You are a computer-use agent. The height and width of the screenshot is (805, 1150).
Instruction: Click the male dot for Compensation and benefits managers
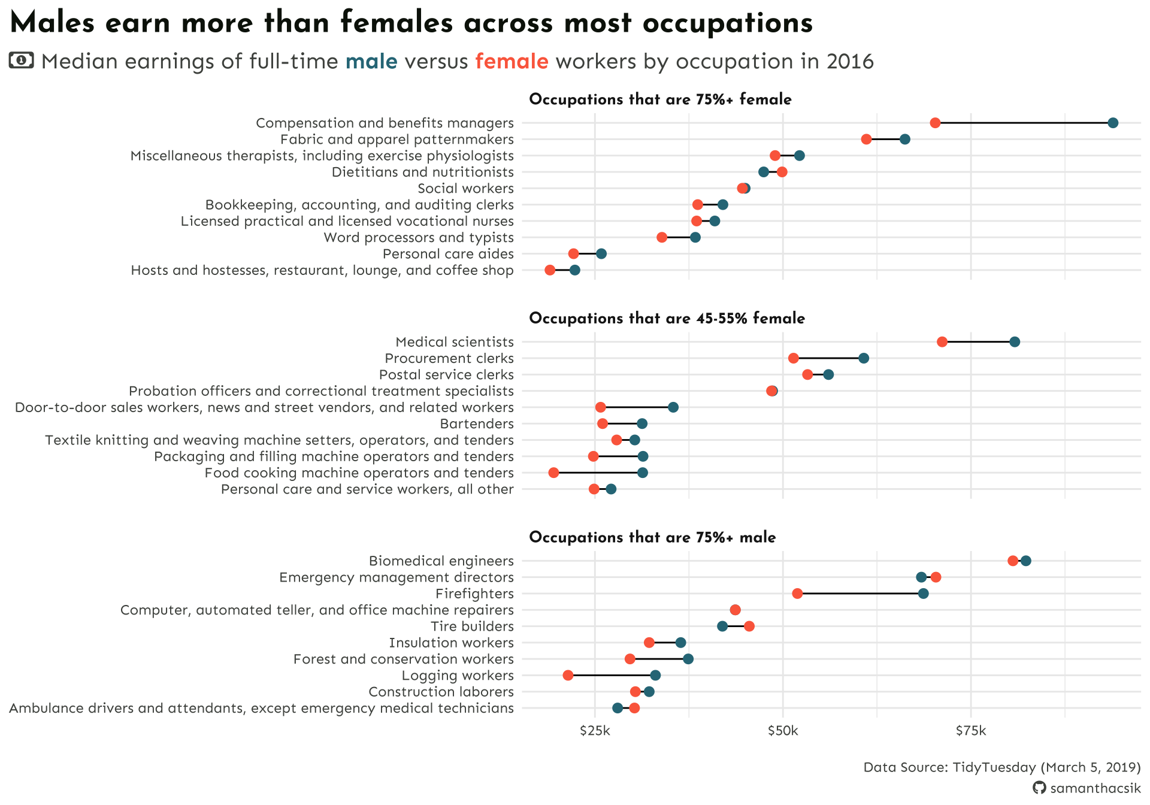coord(1113,123)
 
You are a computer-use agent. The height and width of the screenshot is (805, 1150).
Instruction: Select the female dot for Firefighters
coord(797,594)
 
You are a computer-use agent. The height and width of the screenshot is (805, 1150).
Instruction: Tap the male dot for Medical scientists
coord(1015,342)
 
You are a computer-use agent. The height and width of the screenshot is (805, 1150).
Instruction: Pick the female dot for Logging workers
coord(568,676)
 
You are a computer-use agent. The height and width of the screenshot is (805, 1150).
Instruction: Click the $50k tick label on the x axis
coord(783,731)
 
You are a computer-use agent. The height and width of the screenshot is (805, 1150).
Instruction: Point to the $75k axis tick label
coord(970,731)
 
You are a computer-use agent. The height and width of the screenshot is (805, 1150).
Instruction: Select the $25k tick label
coord(595,731)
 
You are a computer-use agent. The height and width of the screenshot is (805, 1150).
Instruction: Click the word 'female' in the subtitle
coord(512,61)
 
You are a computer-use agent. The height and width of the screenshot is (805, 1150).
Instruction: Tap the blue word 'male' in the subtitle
coord(371,61)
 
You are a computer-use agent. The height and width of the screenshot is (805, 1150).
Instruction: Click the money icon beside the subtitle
coord(22,60)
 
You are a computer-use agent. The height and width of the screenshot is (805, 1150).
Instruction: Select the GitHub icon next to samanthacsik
coord(1039,788)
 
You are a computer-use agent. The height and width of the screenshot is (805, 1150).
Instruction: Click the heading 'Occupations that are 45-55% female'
coord(667,318)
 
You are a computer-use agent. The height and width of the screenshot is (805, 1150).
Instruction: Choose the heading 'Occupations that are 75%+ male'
coord(652,537)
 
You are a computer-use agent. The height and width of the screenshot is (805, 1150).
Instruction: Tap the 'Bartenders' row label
coord(477,424)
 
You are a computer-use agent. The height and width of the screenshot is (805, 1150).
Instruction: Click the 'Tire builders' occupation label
coord(472,627)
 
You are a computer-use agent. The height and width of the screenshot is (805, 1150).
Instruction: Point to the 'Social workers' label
coord(465,189)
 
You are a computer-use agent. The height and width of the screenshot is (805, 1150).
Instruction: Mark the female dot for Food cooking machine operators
coord(553,473)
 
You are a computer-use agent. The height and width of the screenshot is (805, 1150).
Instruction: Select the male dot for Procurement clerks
coord(864,358)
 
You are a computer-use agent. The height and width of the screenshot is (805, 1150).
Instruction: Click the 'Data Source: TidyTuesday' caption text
coord(1001,767)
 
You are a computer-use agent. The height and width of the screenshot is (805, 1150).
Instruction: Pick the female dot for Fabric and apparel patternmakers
coord(866,140)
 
